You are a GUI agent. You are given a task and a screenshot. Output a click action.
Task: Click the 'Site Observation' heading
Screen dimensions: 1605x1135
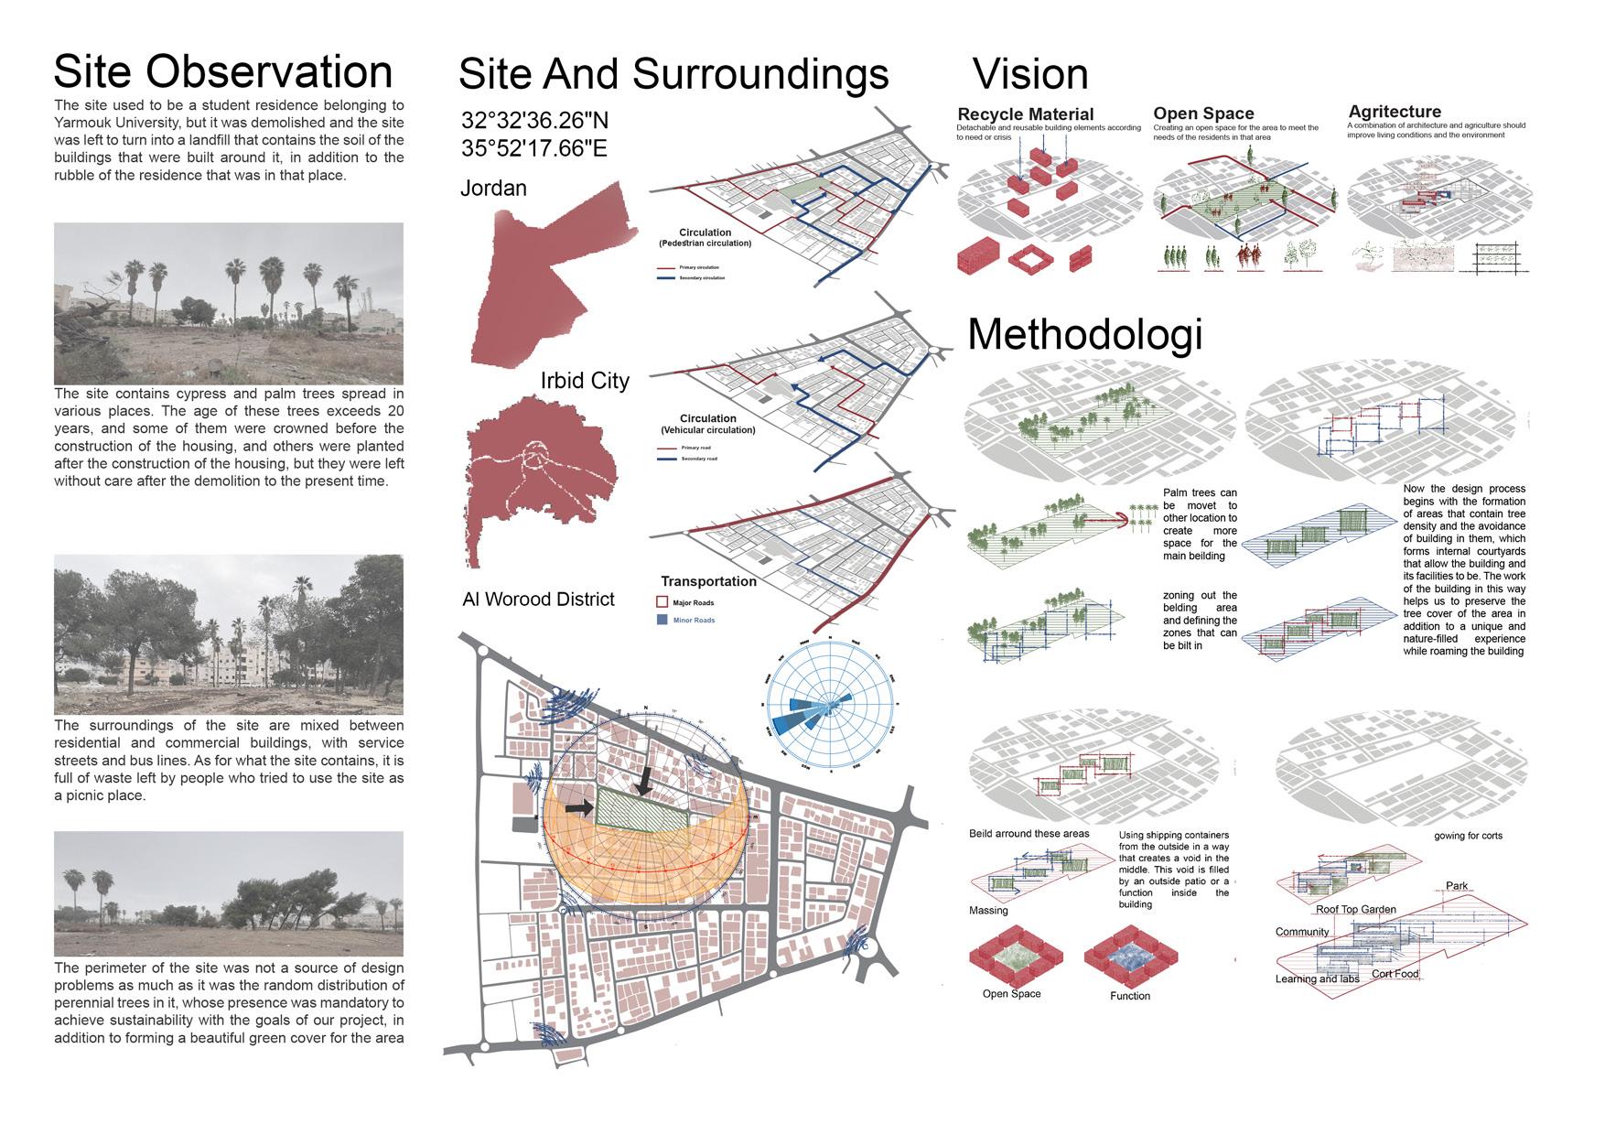[x=223, y=71]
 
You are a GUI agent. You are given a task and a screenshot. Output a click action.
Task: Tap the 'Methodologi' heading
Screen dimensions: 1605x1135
[x=1084, y=334]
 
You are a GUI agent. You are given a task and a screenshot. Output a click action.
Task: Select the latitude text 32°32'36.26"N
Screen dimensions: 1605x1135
[x=534, y=121]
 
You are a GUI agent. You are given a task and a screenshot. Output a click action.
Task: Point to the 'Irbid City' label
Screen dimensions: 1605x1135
[x=585, y=381]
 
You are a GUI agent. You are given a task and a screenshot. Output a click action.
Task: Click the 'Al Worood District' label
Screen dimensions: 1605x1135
[x=538, y=600]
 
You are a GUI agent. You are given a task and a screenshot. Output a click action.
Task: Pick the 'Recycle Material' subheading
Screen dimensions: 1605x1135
[x=1025, y=114]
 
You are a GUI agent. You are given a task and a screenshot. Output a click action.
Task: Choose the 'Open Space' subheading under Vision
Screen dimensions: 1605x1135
[x=1203, y=114]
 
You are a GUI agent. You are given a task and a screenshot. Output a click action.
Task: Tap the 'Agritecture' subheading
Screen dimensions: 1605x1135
[x=1395, y=112]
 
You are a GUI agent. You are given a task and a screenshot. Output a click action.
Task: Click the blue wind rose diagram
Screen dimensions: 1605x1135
[x=830, y=704]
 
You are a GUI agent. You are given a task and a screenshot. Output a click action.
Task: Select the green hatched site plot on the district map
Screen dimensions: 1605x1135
[x=641, y=808]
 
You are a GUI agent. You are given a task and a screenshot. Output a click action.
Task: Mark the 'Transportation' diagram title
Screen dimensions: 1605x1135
[x=708, y=581]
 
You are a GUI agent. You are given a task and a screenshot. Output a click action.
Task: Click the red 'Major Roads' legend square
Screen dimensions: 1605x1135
[x=662, y=603]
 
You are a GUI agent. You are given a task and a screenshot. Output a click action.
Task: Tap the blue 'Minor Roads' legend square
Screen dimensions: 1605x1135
[x=662, y=621]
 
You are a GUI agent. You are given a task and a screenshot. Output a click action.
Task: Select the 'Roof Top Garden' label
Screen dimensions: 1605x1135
[x=1355, y=910]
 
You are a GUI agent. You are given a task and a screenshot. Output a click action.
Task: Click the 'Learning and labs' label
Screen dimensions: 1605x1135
[x=1317, y=978]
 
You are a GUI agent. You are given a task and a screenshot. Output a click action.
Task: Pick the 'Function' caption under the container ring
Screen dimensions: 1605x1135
[x=1129, y=996]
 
